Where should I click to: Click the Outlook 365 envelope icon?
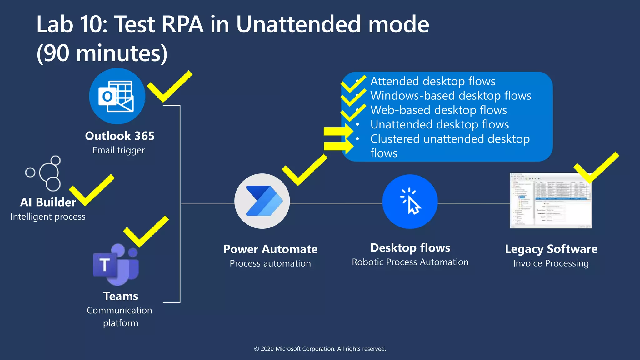pyautogui.click(x=117, y=96)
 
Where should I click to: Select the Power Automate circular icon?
pyautogui.click(x=262, y=201)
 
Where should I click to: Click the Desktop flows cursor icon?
pyautogui.click(x=410, y=202)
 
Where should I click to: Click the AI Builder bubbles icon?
pyautogui.click(x=45, y=173)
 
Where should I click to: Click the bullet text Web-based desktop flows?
pyautogui.click(x=438, y=110)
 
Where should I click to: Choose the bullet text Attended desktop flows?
pyautogui.click(x=433, y=81)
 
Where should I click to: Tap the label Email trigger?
pyautogui.click(x=119, y=150)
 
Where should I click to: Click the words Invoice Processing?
pyautogui.click(x=551, y=263)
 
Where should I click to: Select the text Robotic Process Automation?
pyautogui.click(x=410, y=262)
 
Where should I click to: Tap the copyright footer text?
pyautogui.click(x=320, y=349)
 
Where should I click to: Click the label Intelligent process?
pyautogui.click(x=48, y=217)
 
